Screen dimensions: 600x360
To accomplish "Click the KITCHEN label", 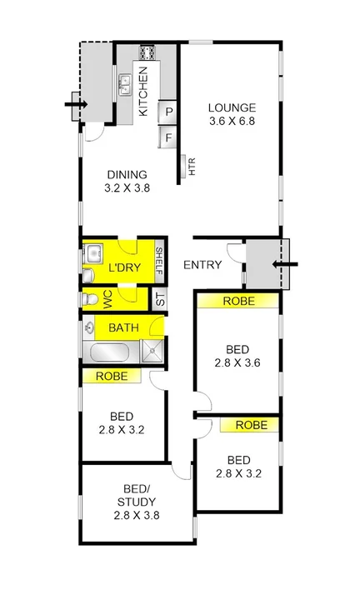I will coord(142,92).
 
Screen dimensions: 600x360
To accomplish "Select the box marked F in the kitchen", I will coord(168,137).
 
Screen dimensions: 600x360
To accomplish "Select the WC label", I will coord(107,297).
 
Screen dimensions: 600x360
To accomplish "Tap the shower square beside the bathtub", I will coord(152,349).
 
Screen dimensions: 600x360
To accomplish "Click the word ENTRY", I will coord(202,265).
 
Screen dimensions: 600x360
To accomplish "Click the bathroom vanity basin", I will coord(88,328).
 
